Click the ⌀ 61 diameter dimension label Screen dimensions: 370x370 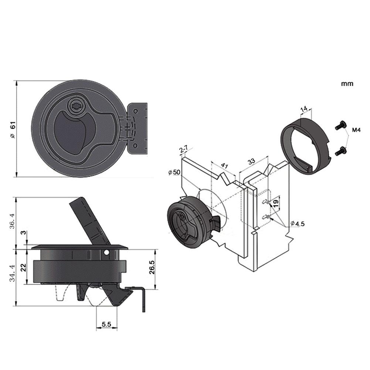(x=12, y=130)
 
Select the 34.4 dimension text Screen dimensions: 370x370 (x=12, y=274)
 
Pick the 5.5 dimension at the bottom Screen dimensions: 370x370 (x=106, y=324)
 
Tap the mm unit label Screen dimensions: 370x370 (x=347, y=84)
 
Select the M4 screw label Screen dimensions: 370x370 (x=356, y=130)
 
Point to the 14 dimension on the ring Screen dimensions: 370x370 (x=304, y=110)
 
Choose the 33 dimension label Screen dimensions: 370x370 (x=251, y=162)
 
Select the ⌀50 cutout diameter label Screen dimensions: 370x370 (x=174, y=173)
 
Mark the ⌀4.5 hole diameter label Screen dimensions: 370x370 (x=297, y=223)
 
